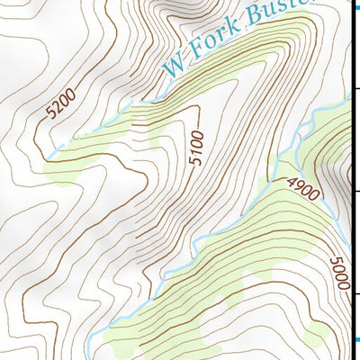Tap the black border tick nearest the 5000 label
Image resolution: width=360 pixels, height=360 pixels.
coord(355,294)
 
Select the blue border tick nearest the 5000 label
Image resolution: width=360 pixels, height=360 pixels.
coord(355,338)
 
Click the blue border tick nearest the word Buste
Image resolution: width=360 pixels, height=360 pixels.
coord(355,6)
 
